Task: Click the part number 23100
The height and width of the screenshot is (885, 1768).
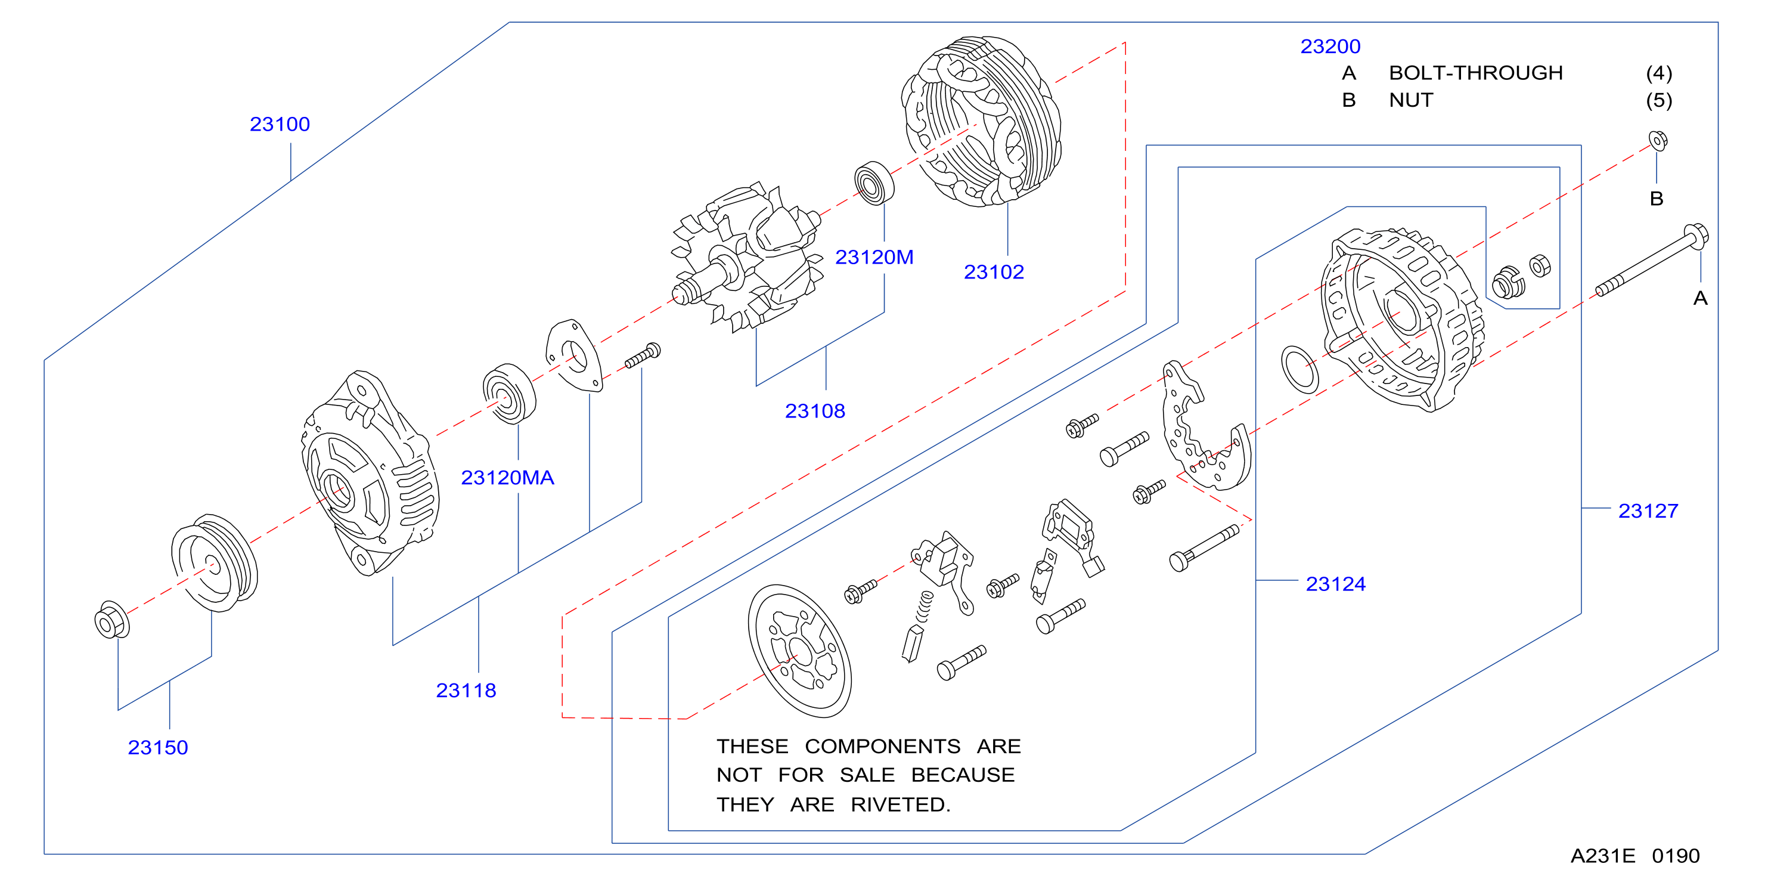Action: coord(280,124)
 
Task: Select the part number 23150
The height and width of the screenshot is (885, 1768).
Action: coord(158,748)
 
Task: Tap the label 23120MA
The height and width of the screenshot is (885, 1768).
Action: coord(507,478)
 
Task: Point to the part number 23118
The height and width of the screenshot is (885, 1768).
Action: coord(466,691)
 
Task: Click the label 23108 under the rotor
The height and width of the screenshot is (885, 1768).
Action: coord(815,411)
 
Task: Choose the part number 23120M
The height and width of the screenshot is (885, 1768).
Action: coord(874,258)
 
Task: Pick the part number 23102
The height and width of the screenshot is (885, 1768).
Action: coord(994,273)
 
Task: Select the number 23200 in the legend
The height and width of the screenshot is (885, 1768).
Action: coord(1330,47)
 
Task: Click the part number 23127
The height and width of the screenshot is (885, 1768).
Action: coord(1648,511)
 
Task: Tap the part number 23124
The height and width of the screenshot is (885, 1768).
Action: coord(1336,584)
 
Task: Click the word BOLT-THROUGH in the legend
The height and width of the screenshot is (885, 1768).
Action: coord(1476,73)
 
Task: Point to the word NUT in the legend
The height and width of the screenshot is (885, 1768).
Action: coord(1411,100)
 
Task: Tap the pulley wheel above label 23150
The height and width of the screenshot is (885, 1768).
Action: coord(214,563)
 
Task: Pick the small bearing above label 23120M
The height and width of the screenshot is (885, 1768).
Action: coord(874,182)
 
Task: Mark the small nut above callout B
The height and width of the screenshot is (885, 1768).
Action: coord(1658,140)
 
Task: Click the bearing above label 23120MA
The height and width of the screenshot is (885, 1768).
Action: coord(509,394)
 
